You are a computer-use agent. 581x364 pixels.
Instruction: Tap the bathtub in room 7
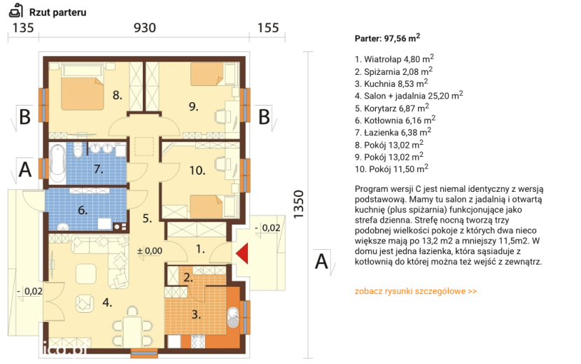[x=57, y=163]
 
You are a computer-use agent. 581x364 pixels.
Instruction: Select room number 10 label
[x=197, y=171]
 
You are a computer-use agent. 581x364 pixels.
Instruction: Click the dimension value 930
[x=144, y=28]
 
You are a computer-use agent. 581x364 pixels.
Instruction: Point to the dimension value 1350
[x=298, y=204]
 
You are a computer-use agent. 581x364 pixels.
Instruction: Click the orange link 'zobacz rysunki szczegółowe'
[x=416, y=291]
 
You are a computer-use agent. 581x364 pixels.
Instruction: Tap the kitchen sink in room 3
[x=233, y=318]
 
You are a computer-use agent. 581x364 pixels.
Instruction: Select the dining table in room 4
[x=132, y=331]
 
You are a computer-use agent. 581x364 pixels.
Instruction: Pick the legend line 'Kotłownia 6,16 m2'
[x=395, y=120]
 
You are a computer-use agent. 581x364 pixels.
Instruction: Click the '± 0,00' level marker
[x=149, y=251]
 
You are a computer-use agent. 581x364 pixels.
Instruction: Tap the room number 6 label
[x=83, y=211]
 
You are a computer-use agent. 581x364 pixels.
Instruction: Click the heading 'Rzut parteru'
[x=58, y=12]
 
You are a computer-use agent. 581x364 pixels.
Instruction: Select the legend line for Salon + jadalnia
[x=409, y=96]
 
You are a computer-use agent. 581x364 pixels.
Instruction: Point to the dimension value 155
[x=267, y=28]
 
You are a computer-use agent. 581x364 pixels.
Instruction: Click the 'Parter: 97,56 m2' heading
[x=387, y=38]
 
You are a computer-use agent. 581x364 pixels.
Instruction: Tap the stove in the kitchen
[x=198, y=341]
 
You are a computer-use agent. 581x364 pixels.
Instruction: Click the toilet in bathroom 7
[x=78, y=149]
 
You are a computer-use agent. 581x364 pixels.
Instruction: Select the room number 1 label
[x=200, y=249]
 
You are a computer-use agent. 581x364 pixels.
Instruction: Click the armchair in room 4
[x=85, y=303]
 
